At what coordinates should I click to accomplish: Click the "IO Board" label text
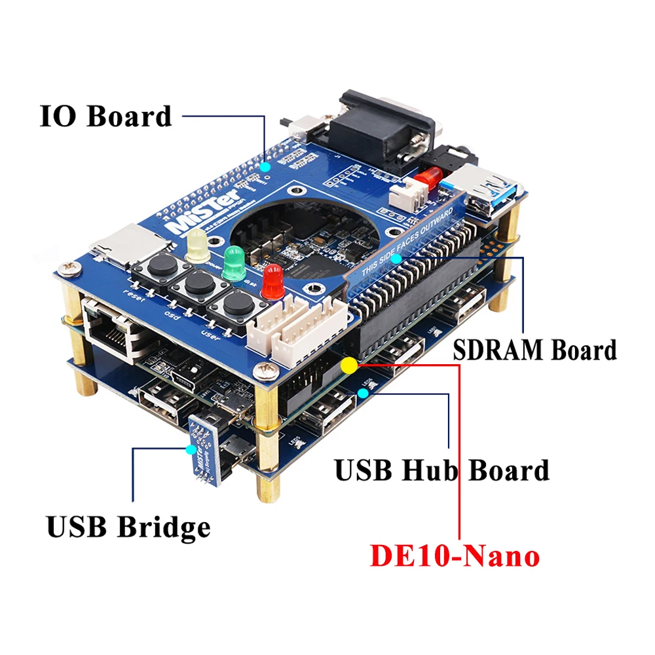coord(105,116)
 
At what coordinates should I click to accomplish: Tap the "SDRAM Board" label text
coord(534,350)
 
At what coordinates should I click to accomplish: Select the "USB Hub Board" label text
coord(441,470)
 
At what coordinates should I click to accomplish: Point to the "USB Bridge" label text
coord(128,527)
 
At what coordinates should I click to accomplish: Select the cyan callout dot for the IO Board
coord(265,167)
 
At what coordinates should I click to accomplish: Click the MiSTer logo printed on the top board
coord(191,216)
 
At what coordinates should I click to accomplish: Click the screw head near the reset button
coord(67,268)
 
